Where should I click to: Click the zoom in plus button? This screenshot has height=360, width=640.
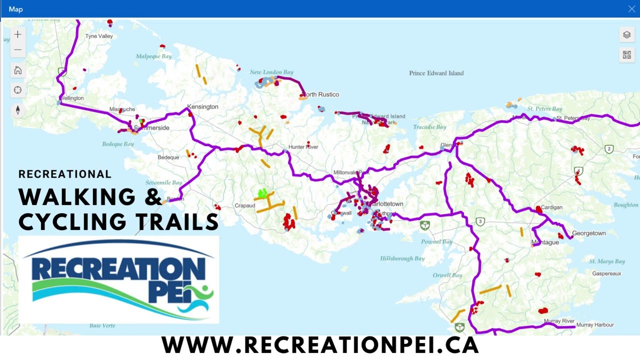coord(18,34)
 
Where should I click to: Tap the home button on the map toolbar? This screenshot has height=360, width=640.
coord(18,70)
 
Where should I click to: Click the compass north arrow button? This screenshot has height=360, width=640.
coord(18,110)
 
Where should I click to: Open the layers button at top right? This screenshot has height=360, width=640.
coord(626,35)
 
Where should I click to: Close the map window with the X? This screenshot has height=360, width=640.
coord(631,9)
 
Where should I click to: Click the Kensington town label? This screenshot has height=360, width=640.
coord(202,107)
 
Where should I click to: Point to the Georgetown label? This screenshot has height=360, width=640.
coord(588,233)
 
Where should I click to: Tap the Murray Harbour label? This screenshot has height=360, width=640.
coord(594,325)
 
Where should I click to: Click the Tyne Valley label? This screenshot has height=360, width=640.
coord(99,36)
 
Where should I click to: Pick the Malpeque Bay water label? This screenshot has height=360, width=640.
coord(153,56)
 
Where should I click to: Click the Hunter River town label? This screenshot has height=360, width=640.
coord(303,147)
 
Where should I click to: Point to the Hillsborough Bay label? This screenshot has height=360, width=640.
coord(402,258)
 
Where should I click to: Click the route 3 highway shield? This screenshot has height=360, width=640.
coord(480,221)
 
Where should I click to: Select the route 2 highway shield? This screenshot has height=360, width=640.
coord(609,149)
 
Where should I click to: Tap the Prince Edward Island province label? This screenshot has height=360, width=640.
coord(436,73)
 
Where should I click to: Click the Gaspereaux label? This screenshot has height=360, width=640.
coord(606,274)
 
